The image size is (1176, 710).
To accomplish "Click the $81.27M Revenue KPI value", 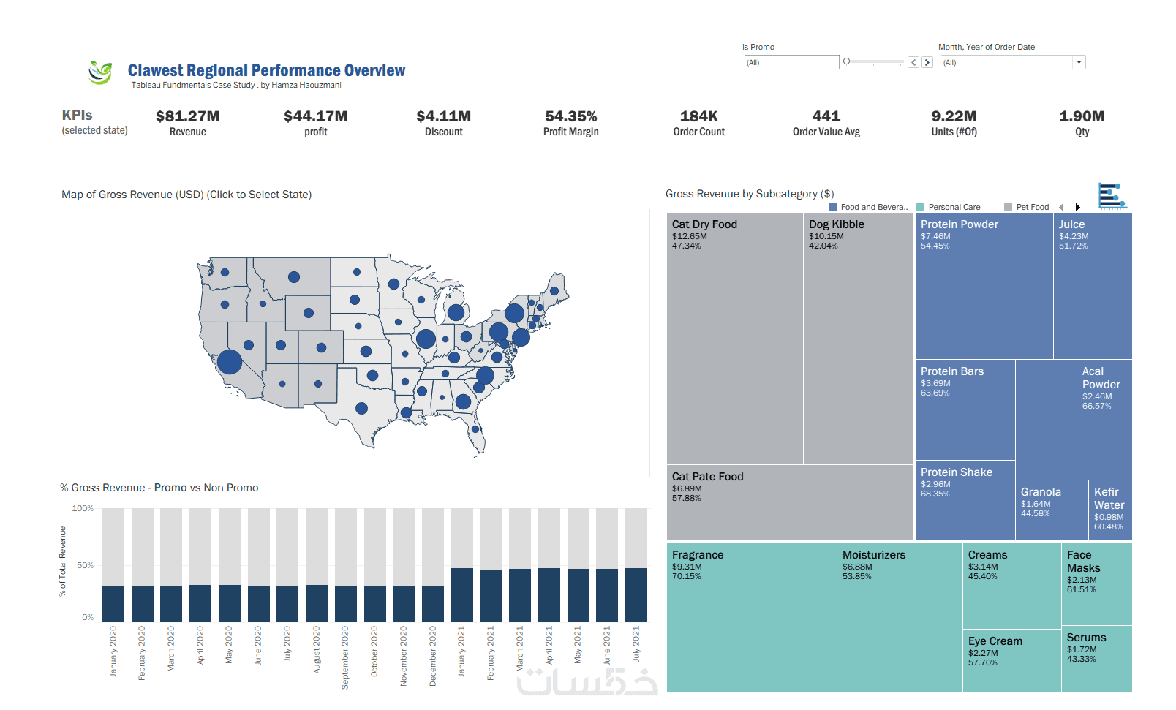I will [x=187, y=116].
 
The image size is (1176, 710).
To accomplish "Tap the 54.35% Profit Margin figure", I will [x=570, y=116].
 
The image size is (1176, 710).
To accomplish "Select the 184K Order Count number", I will [x=698, y=116].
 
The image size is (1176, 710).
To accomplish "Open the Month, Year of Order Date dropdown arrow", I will [x=1079, y=62].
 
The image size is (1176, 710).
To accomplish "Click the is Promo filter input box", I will [x=791, y=62].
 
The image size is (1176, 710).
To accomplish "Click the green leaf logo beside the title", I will [x=100, y=72].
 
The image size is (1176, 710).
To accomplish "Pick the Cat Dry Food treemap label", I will [x=704, y=224].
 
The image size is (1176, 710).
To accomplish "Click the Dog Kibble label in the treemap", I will [x=836, y=224].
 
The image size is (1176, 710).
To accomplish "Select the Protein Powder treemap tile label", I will [x=959, y=224].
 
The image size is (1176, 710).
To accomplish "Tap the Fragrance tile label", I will [x=697, y=555].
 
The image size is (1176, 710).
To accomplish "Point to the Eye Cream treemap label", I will [x=995, y=641].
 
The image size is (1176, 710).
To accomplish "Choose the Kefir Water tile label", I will [x=1109, y=499].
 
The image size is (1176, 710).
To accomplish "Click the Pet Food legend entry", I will [x=1032, y=207].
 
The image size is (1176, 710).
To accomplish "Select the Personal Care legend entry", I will [x=954, y=207].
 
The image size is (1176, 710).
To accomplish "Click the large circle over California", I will [x=230, y=361].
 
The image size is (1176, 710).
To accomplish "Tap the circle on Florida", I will [x=475, y=429].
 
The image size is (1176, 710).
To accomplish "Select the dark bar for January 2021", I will [x=462, y=595].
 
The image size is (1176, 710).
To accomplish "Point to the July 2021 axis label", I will [x=636, y=643].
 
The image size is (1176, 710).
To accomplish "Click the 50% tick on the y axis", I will [x=85, y=565].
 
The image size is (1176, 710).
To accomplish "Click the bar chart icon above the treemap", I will [x=1112, y=196].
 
